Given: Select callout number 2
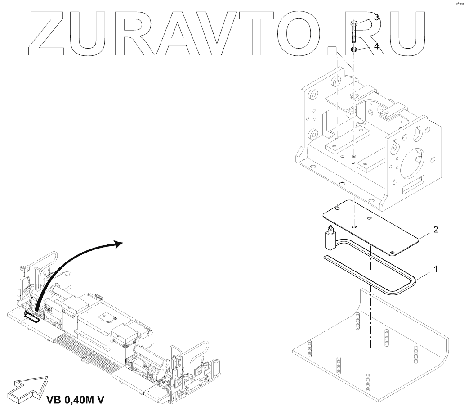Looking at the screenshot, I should click(435, 230).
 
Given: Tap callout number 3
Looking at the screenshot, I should click(376, 18).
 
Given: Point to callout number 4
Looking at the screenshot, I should click(376, 45).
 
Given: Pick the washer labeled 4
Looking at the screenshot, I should click(354, 50).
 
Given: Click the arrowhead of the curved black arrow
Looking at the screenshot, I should click(118, 244).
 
